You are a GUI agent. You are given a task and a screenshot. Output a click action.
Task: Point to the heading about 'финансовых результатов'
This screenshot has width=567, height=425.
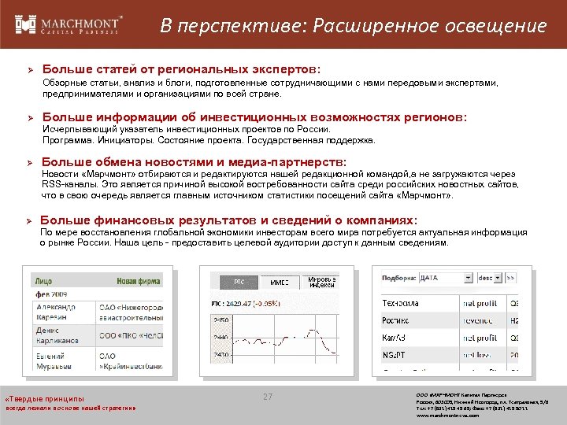(228, 220)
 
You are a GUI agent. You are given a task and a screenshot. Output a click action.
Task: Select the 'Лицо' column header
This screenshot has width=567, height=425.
(44, 280)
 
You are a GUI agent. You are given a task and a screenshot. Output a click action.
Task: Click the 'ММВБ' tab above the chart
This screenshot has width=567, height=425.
(280, 281)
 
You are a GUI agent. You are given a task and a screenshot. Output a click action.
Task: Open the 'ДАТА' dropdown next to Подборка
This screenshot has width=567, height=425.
(442, 278)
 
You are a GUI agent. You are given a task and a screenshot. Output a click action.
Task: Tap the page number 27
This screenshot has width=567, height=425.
(267, 397)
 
